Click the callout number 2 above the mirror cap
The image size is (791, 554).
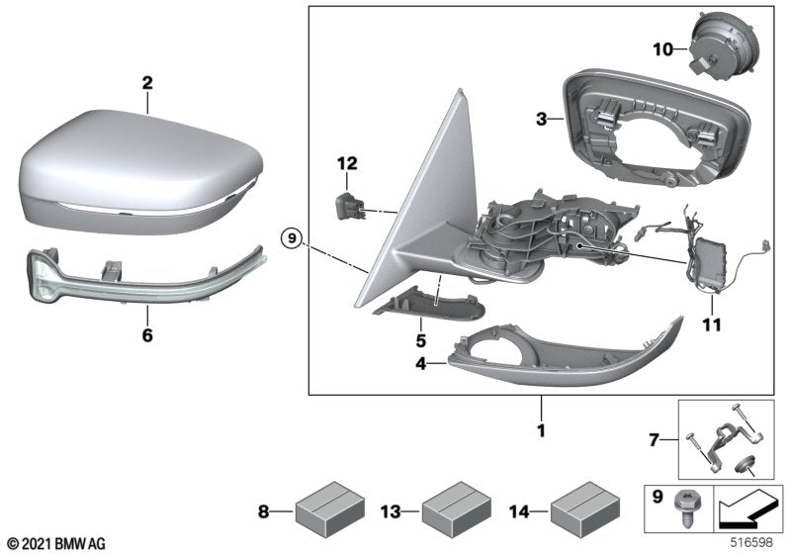tap(146, 83)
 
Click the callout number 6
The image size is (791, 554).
tap(146, 336)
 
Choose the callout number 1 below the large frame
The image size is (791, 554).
tap(542, 430)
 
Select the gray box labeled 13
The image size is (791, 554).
tap(453, 512)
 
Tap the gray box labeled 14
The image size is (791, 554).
tap(579, 512)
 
